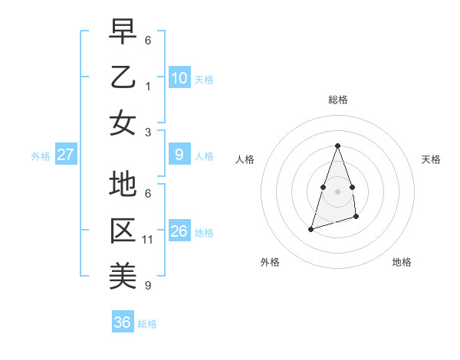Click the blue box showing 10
coord(179,78)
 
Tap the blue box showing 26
coord(179,231)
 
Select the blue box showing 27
coord(65,155)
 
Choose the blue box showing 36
coord(122,322)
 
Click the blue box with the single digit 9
coord(179,155)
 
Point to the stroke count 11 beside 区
coord(148,240)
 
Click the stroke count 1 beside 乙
coord(148,87)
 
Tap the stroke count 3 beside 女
coord(148,132)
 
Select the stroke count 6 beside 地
coord(148,195)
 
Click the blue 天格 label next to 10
coord(204,79)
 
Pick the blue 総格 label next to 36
coord(147,324)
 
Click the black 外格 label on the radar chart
coord(270,263)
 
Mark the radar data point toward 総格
coord(337,146)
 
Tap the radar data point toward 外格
coord(310,229)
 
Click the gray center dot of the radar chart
coord(337,191)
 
